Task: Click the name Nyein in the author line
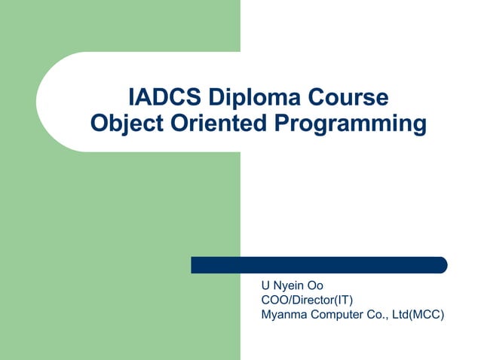[x=289, y=286]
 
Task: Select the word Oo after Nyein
[x=315, y=286]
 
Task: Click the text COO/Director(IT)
[x=307, y=301]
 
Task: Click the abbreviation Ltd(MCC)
[x=418, y=315]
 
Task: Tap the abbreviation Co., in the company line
[x=379, y=315]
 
